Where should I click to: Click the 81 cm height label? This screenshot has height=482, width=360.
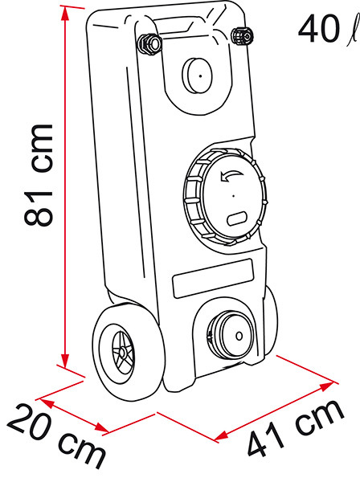click(x=39, y=175)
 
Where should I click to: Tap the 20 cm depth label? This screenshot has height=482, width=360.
click(x=56, y=436)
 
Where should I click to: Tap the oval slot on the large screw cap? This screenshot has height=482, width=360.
click(x=237, y=219)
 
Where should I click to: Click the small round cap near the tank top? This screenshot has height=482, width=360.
click(x=198, y=76)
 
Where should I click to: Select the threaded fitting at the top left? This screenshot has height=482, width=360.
click(x=149, y=44)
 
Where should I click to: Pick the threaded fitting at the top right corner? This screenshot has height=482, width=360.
click(x=243, y=36)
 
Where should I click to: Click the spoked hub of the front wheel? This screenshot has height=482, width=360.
click(x=123, y=353)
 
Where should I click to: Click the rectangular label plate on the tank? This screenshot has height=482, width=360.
click(x=213, y=278)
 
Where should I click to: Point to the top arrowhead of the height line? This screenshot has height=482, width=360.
click(x=65, y=13)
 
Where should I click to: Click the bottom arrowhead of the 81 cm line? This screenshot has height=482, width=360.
click(x=65, y=361)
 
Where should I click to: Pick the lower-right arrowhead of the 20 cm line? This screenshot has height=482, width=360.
click(x=101, y=428)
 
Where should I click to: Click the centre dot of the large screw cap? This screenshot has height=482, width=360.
click(x=234, y=195)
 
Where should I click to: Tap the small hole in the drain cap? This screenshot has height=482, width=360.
click(x=239, y=336)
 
